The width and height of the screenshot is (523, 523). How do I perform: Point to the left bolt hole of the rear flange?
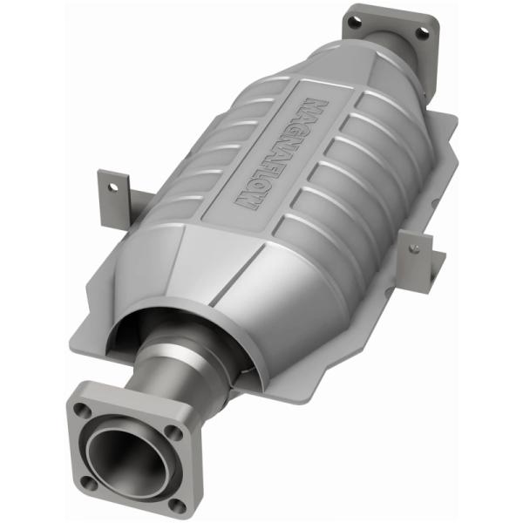pos(355,17)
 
